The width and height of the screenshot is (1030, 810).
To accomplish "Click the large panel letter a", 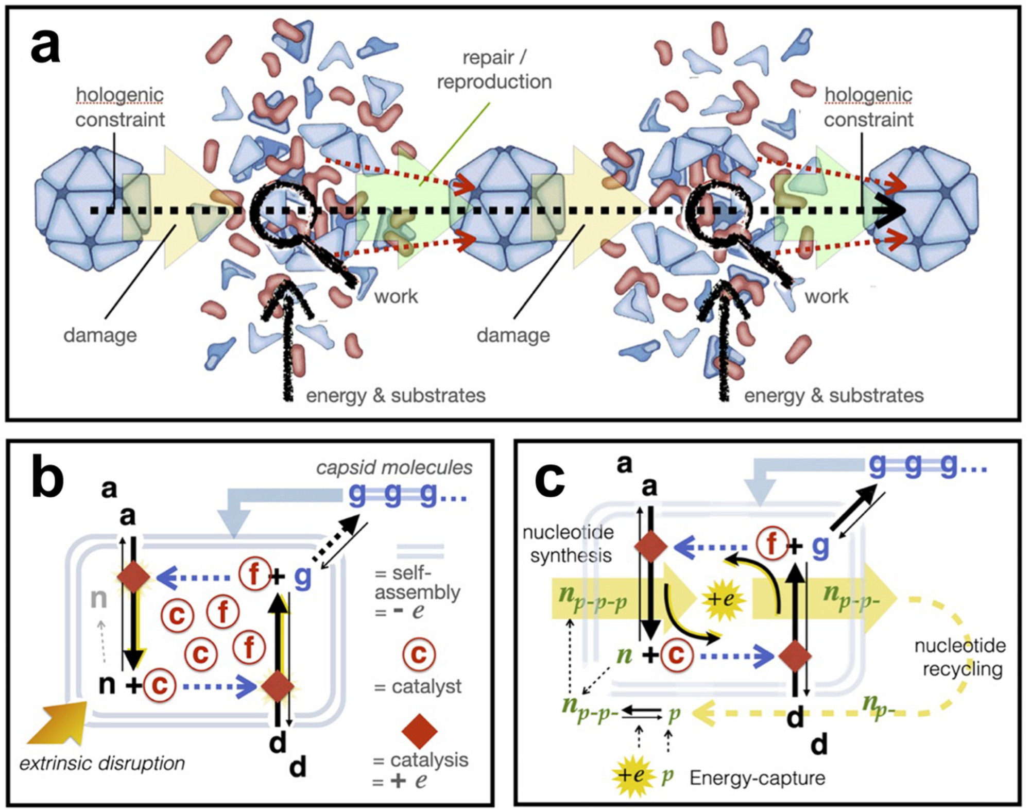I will [45, 46].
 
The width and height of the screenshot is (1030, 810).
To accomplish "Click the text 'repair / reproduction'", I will [494, 70].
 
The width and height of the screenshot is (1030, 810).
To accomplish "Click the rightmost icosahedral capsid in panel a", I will [924, 209].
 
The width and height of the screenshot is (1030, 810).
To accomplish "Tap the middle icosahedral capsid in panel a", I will [507, 209].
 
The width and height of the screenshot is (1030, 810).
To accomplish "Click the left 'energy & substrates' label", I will [396, 396].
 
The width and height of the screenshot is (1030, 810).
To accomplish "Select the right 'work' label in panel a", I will [826, 296].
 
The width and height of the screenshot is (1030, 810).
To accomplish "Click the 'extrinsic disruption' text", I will [102, 763].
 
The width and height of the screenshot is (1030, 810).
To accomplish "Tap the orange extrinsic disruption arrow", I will [58, 722].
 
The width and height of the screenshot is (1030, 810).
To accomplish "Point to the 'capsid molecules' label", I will [394, 467].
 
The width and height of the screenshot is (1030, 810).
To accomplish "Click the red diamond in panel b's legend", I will [419, 731].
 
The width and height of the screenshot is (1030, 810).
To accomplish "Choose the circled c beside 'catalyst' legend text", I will [419, 655].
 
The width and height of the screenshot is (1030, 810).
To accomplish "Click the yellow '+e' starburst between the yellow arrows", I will [723, 599].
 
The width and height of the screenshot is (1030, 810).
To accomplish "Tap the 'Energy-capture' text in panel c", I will [757, 778].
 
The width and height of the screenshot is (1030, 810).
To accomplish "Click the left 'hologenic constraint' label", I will [120, 107].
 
